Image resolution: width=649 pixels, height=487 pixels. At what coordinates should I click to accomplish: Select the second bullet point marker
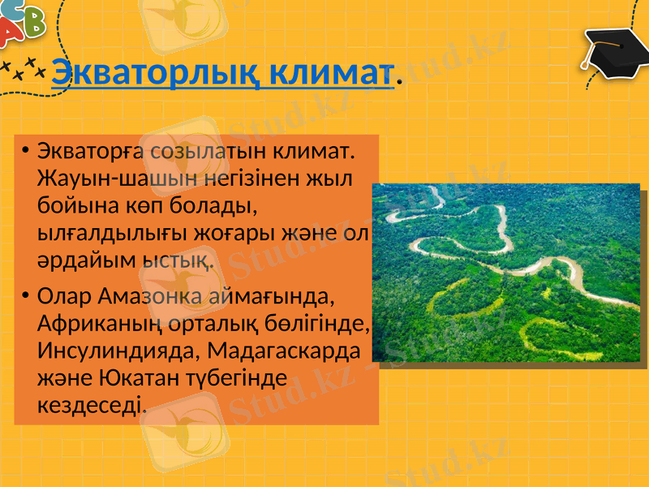[x=25, y=293]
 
